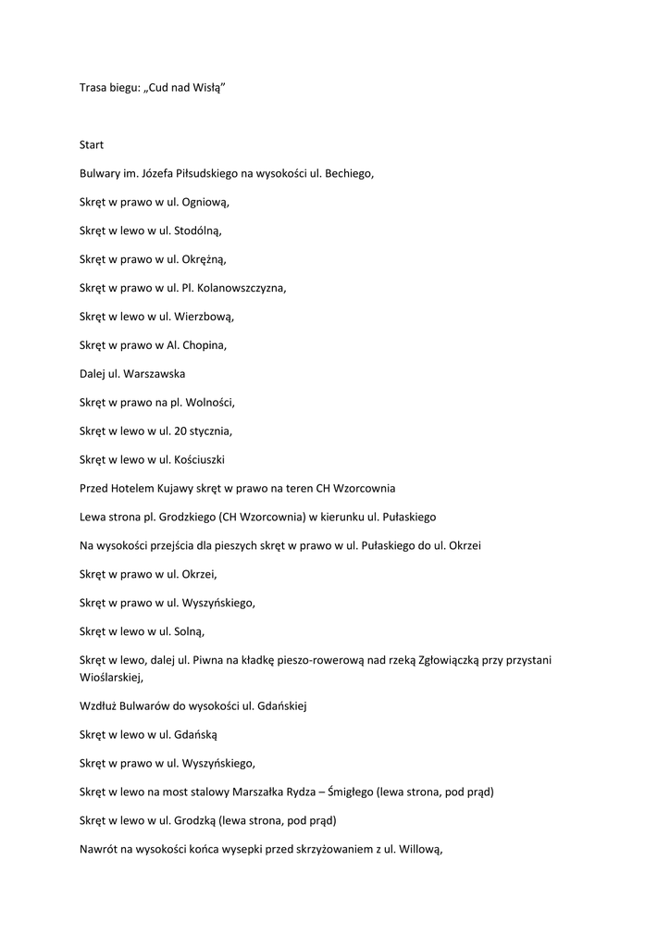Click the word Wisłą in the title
coord(206,88)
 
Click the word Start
coord(92,144)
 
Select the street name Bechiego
coord(349,173)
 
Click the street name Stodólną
coord(198,231)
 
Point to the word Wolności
coord(211,403)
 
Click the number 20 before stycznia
coord(180,431)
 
